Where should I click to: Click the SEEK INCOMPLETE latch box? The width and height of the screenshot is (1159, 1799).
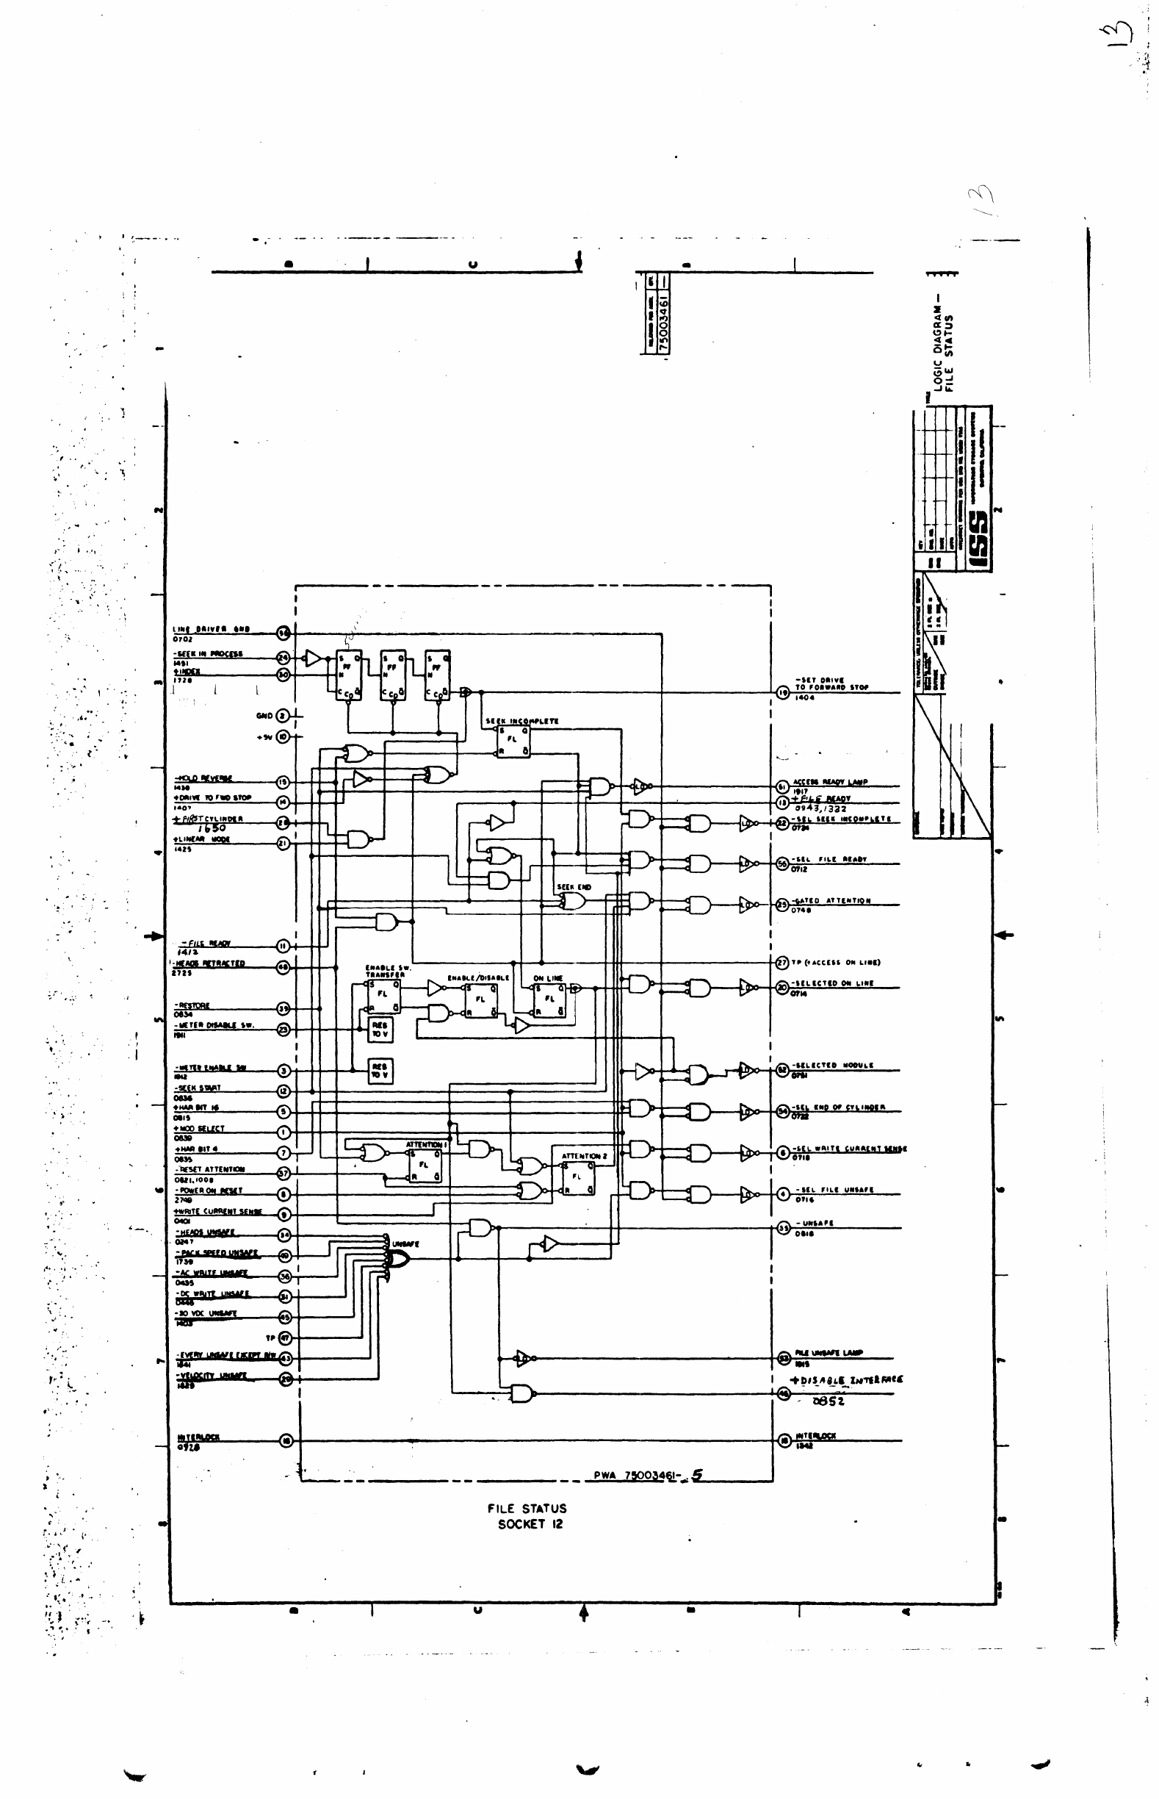click(512, 740)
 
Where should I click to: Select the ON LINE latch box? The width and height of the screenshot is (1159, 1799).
click(549, 999)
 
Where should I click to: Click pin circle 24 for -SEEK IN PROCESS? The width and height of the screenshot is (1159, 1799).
click(284, 658)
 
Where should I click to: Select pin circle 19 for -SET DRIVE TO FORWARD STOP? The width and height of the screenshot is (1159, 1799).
click(783, 692)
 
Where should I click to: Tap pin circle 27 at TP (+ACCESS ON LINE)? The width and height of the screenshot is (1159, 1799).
click(783, 963)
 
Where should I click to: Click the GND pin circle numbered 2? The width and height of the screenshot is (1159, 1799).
click(283, 715)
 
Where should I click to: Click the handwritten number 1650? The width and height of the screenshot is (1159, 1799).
click(212, 827)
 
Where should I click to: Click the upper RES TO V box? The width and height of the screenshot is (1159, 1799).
click(379, 1029)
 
